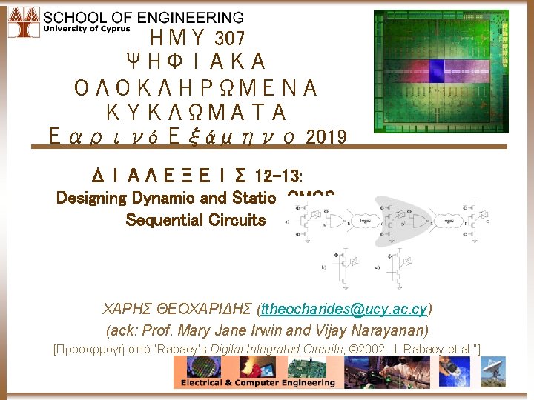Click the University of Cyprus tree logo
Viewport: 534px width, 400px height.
(22, 22)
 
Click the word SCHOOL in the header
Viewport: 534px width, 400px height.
(73, 16)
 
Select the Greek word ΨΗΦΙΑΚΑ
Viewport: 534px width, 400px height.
(196, 62)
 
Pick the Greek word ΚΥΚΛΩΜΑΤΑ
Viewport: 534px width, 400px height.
(196, 113)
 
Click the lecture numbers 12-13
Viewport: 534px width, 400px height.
(277, 176)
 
